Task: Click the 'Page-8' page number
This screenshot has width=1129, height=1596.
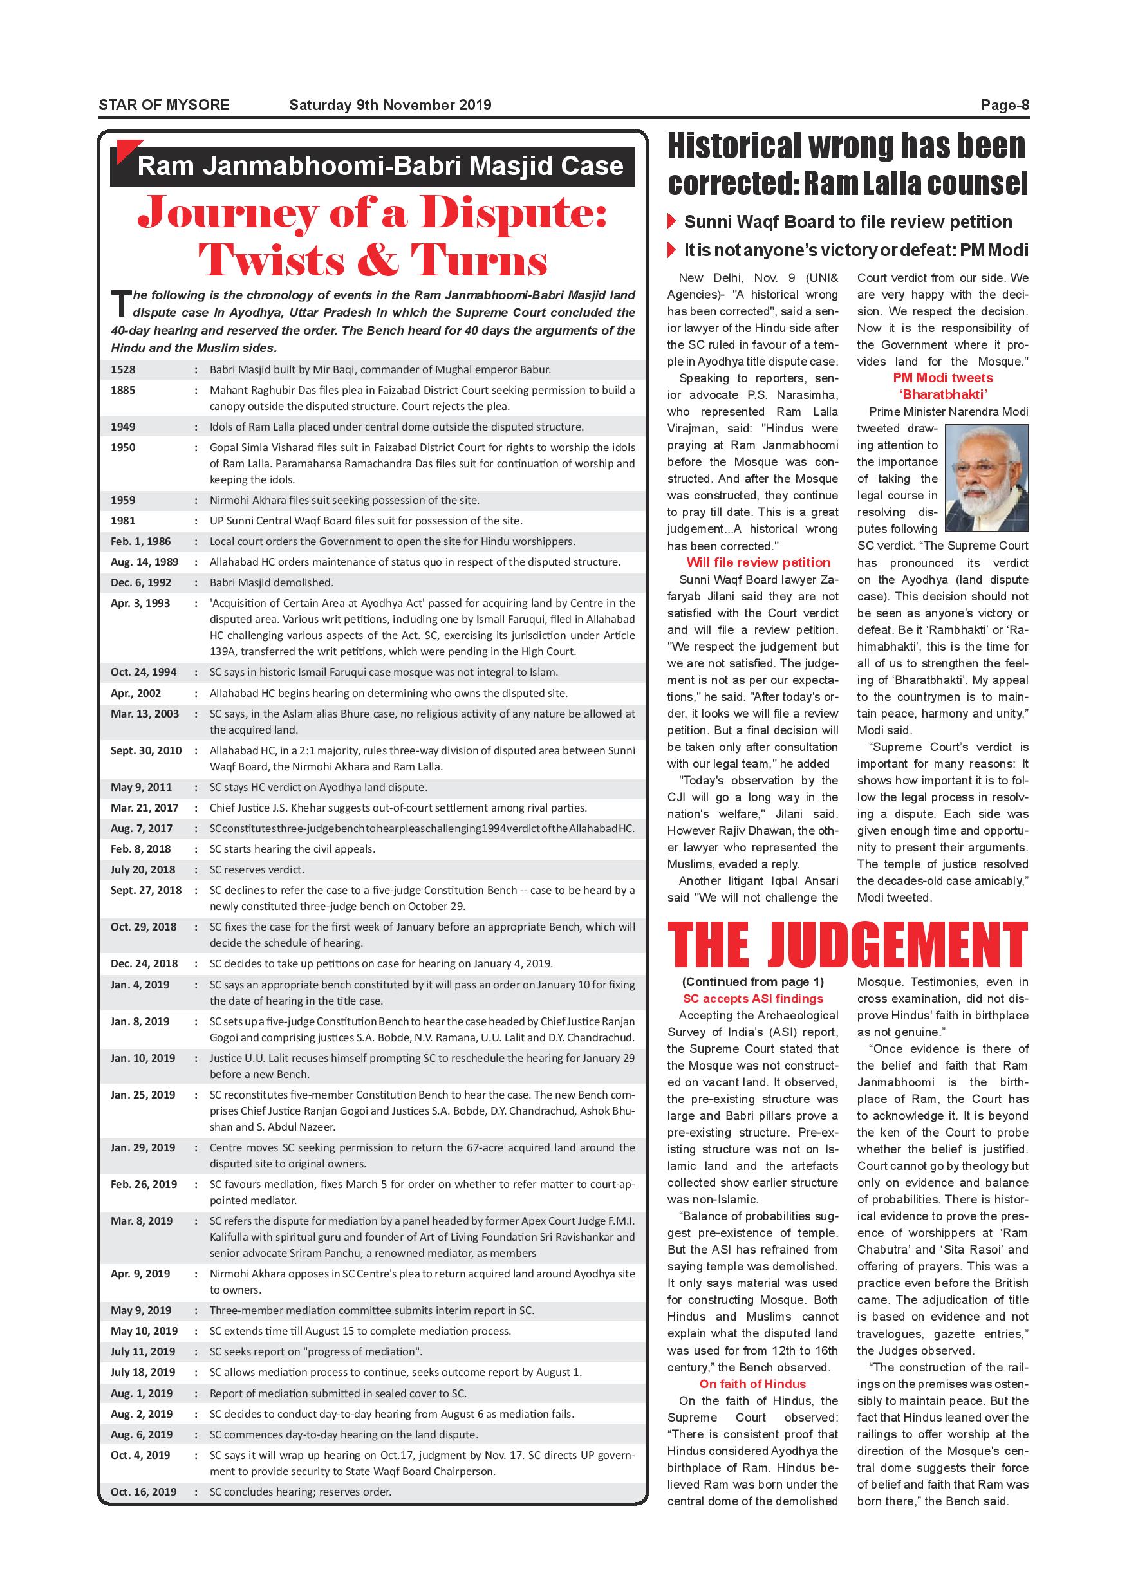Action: [1005, 105]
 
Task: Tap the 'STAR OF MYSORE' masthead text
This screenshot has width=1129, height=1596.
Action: [164, 105]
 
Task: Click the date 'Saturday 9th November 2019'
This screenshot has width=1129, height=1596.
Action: [390, 105]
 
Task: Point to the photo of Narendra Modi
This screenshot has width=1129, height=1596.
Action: [987, 478]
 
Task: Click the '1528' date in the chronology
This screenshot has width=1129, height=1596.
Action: [123, 370]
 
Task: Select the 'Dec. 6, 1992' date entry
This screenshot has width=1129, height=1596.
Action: [141, 582]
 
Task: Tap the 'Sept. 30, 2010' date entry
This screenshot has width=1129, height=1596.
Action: [146, 751]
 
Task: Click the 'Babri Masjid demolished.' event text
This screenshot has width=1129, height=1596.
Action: [272, 582]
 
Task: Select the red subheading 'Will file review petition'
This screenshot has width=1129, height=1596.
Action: [758, 562]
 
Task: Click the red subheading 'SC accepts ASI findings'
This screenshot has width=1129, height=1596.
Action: [753, 999]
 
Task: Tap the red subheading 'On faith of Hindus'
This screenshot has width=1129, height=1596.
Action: [753, 1384]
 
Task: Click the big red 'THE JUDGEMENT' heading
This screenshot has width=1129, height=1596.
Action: [848, 945]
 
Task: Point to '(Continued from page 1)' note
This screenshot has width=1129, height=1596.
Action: [753, 982]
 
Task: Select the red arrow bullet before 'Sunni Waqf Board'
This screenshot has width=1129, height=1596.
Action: [671, 222]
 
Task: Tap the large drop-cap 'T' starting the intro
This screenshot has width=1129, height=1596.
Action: [120, 304]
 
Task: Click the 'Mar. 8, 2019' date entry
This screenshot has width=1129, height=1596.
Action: [141, 1221]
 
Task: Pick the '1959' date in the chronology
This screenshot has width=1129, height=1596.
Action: [123, 500]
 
